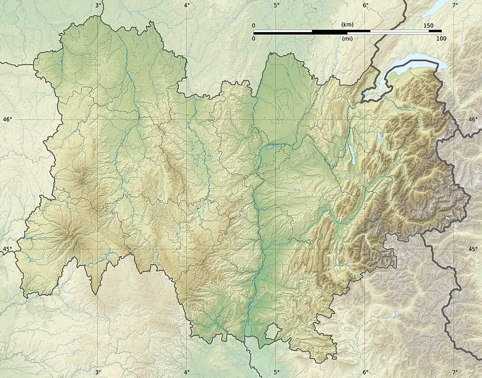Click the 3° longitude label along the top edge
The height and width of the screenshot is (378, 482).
(x=98, y=5)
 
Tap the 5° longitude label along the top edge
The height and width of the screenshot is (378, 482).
(x=277, y=5)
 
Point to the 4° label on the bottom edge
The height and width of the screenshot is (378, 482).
(x=187, y=372)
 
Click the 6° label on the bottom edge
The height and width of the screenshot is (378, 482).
(x=365, y=372)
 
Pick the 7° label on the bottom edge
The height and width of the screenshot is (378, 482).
(x=455, y=372)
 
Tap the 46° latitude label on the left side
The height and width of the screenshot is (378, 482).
(x=7, y=119)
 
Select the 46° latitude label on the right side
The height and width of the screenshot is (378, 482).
(x=473, y=119)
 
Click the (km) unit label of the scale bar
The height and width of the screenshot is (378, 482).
(x=347, y=25)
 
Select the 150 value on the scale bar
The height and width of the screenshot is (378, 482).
(x=428, y=26)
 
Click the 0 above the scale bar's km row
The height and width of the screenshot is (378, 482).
(x=254, y=26)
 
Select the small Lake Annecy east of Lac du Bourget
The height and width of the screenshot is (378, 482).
(x=380, y=139)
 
